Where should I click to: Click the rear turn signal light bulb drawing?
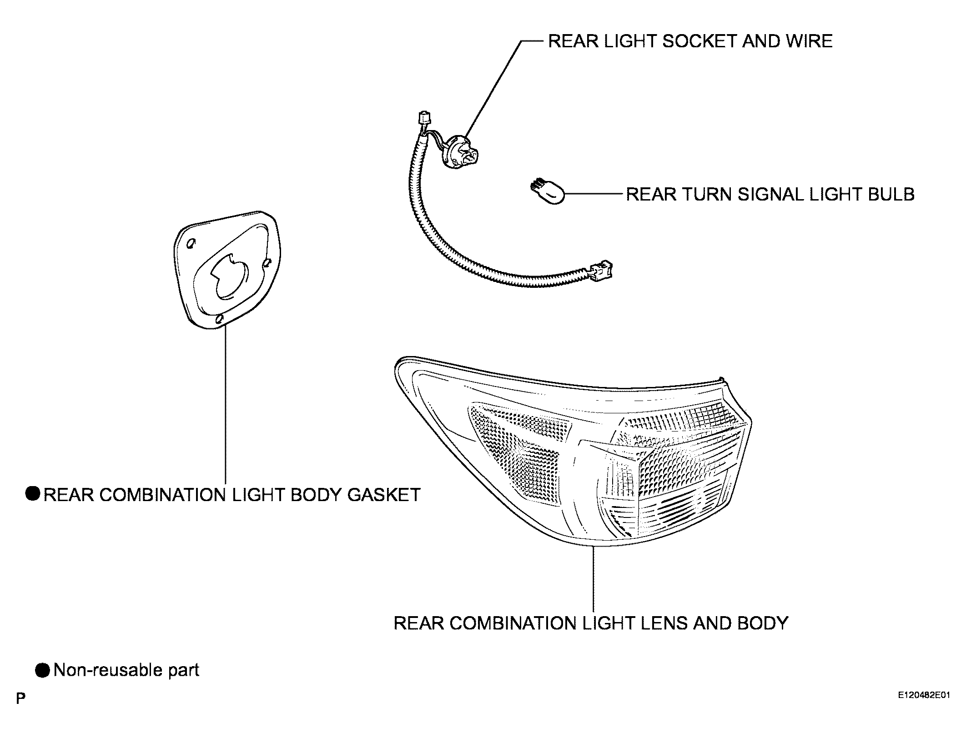[547, 194]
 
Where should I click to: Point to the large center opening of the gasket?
[230, 277]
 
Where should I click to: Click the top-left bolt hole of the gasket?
[191, 243]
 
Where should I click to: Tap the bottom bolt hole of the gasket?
[220, 319]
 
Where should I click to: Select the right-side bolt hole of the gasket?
[267, 262]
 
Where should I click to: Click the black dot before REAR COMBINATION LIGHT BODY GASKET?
[33, 494]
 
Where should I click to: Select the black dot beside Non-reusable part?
[43, 670]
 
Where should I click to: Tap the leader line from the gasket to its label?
[226, 405]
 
